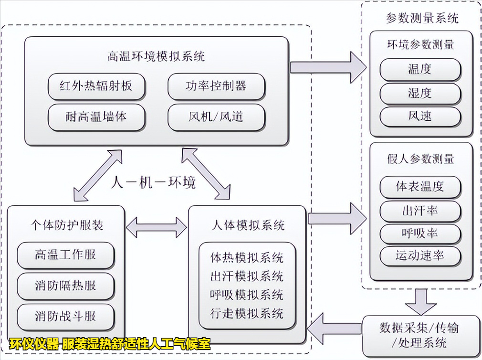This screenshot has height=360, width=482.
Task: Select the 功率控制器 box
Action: (216, 86)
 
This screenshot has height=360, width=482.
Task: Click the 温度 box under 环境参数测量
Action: (420, 70)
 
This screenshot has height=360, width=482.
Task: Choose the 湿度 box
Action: (420, 93)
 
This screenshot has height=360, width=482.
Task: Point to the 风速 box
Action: (420, 116)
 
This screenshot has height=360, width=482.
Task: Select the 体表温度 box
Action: (420, 187)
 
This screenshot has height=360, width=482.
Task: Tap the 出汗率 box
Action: (420, 211)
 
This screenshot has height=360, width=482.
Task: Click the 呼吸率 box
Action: (420, 234)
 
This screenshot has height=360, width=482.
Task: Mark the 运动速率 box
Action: (420, 256)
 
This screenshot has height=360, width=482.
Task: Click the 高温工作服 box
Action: (65, 255)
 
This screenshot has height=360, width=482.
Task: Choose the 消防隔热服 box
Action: (65, 286)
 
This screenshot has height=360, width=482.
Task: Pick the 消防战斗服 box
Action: (65, 317)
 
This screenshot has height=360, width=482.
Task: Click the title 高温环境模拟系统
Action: (156, 56)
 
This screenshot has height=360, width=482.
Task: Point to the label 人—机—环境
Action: (154, 182)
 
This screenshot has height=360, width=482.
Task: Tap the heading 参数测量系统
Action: (422, 19)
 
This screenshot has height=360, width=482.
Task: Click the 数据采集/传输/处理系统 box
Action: (419, 335)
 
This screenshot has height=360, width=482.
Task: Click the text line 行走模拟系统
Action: (247, 313)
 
